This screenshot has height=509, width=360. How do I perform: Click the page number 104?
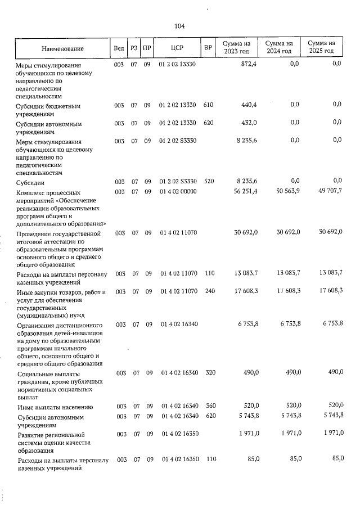pos(179,26)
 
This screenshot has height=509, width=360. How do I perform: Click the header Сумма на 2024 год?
pos(279,48)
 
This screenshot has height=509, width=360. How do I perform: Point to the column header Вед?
pos(119,48)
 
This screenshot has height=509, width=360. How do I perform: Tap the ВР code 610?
pos(208,105)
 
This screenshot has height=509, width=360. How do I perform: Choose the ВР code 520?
pos(208,181)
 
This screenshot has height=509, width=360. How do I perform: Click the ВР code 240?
pos(208,292)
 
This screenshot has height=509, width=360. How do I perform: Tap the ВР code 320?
pos(208,373)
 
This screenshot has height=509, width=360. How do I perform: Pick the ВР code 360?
pos(208,406)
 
